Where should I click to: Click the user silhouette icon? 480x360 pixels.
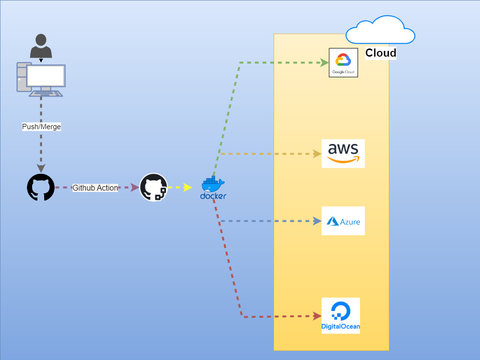coord(41,46)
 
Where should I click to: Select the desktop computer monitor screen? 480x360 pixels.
coord(46,76)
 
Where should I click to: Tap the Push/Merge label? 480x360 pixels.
coord(42,127)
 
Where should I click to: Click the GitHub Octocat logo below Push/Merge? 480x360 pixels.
coord(41,187)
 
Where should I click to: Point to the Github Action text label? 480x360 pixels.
coord(95,188)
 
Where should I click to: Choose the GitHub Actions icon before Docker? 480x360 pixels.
coord(154,187)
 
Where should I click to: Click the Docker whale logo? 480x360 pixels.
coord(213,188)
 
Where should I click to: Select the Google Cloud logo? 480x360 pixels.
coord(343,62)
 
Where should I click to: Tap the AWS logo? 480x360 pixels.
coord(343,154)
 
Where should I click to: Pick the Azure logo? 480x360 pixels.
coord(343,221)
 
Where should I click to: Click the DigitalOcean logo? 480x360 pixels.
coord(341,315)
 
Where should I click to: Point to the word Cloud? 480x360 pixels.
coord(381,53)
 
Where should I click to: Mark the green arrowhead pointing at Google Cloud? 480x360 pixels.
coord(324,62)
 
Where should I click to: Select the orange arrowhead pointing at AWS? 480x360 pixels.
coord(317,154)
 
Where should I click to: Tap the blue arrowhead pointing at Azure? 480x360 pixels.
coord(317,221)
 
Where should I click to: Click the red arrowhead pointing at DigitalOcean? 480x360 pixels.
coord(317,316)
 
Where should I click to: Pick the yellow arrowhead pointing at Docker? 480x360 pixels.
coord(188,187)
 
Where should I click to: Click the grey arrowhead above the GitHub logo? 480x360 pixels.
coord(41,168)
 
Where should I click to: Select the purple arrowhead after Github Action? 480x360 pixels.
coord(135,187)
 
